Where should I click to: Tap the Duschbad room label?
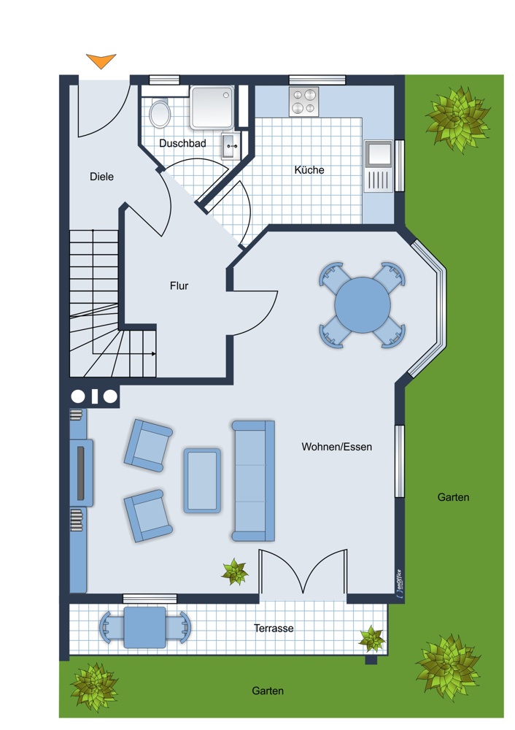182,143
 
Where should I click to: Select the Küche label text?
309,170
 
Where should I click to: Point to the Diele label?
101,177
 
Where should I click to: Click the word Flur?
179,286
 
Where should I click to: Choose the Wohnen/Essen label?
337,447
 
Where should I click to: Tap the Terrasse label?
274,629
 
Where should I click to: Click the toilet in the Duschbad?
160,112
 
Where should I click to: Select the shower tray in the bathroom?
212,107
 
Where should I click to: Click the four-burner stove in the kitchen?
303,101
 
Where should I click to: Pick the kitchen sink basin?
379,154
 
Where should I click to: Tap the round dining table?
363,305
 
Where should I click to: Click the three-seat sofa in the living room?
254,481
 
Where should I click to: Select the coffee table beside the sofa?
202,481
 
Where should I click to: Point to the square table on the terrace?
144,628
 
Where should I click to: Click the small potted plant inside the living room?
235,572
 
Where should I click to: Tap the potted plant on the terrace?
372,639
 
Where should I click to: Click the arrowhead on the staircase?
153,354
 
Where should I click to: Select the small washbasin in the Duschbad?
231,146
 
